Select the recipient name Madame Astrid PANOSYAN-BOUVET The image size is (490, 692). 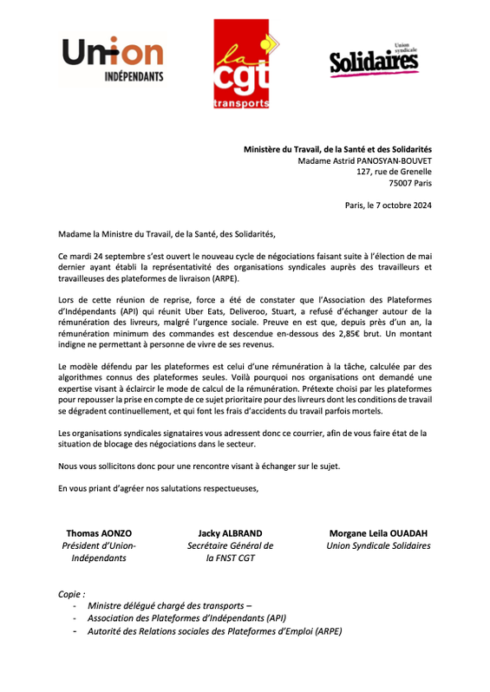click(364, 160)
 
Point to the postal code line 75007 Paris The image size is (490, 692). click(406, 183)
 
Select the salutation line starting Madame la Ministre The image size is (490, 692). click(166, 234)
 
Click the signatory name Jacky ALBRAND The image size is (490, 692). click(230, 532)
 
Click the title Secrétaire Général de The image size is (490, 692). click(230, 545)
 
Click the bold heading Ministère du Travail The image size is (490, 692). click(336, 149)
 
